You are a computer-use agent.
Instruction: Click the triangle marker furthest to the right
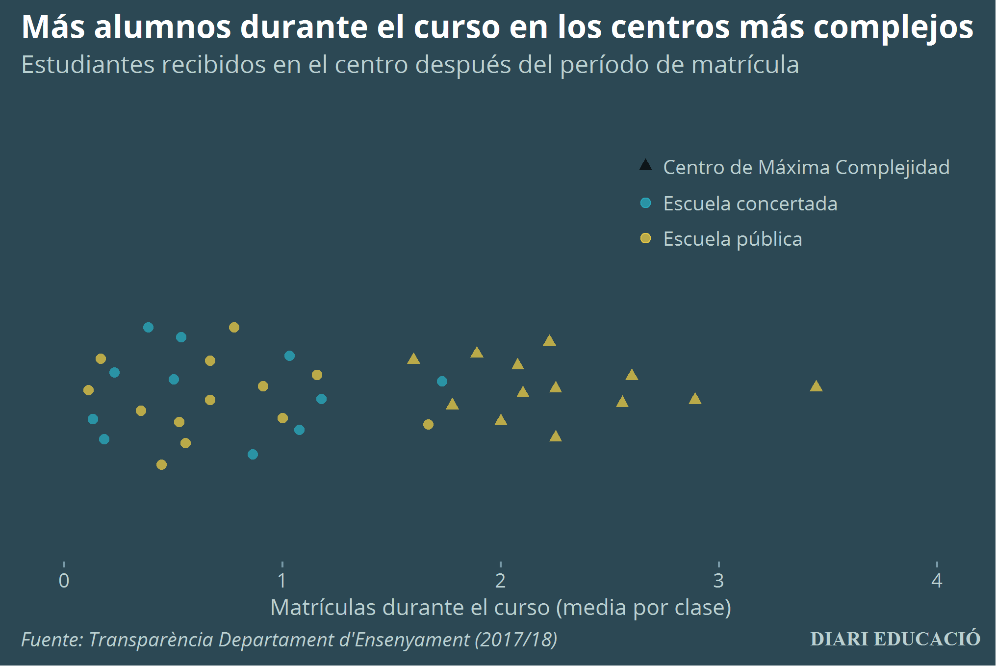click(x=816, y=386)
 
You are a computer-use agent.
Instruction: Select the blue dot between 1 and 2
click(x=442, y=381)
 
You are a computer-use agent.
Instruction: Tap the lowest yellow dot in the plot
click(x=161, y=464)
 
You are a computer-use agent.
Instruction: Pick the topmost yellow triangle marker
click(x=549, y=341)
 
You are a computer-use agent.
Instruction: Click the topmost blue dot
click(x=148, y=327)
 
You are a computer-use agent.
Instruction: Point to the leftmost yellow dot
click(x=88, y=390)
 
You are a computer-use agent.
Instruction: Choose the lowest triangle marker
click(x=555, y=436)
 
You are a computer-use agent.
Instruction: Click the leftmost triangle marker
click(x=413, y=359)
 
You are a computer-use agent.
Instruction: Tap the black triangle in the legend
click(x=645, y=165)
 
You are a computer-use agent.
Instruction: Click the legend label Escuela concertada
click(x=750, y=204)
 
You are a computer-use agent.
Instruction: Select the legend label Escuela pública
click(x=732, y=239)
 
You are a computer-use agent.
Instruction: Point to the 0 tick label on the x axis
click(x=64, y=581)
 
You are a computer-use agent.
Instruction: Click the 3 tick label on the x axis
click(x=718, y=581)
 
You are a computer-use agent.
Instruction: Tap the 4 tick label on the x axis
click(x=937, y=581)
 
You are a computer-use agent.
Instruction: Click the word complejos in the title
click(x=893, y=27)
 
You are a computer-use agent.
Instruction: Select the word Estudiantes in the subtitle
click(x=88, y=65)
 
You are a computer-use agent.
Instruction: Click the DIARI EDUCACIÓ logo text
click(x=895, y=639)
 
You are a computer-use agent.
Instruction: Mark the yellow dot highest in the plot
click(x=234, y=327)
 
